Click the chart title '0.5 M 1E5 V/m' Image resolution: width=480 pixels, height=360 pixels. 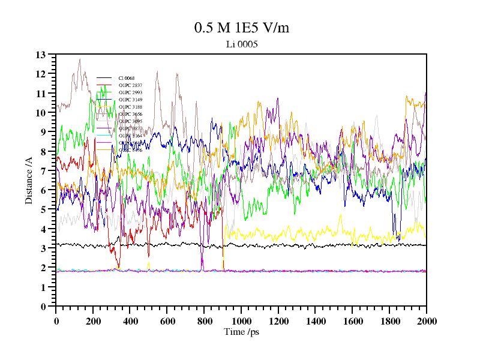click(241, 28)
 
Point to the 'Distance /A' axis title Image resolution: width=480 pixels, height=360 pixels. click(29, 181)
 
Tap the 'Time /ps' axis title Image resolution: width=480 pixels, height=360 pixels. click(241, 331)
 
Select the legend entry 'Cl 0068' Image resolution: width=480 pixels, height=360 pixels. click(126, 78)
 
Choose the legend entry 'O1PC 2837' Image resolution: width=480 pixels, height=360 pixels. click(130, 85)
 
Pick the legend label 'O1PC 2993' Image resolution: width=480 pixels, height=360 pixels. click(130, 92)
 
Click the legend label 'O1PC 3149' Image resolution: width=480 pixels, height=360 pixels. click(130, 100)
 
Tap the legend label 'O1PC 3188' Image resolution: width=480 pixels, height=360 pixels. click(130, 107)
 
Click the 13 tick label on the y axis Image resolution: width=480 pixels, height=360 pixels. click(41, 55)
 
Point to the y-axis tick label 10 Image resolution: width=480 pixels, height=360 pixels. click(41, 113)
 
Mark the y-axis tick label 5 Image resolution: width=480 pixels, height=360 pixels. click(43, 209)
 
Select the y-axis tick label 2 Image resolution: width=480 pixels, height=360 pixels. click(43, 268)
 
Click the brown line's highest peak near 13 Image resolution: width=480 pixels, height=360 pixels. click(79, 59)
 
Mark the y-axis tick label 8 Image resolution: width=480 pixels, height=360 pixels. click(43, 152)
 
